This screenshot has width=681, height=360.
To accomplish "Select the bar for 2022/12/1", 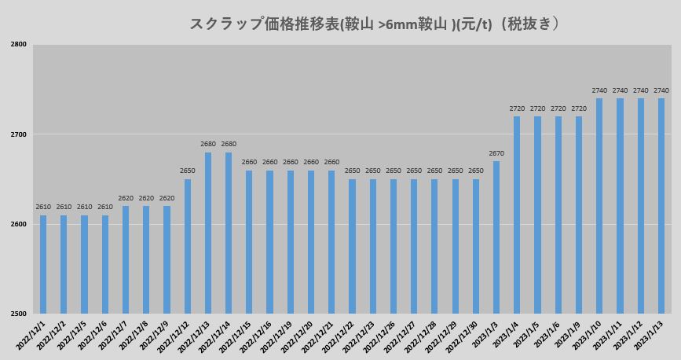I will (43, 264).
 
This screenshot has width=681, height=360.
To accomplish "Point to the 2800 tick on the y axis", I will (19, 45).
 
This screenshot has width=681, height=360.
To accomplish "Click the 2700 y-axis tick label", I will (19, 134).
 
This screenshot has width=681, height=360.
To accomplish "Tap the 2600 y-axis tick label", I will (19, 225).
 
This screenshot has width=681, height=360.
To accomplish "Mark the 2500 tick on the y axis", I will (19, 314).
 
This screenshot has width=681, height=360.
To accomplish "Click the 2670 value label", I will (496, 153).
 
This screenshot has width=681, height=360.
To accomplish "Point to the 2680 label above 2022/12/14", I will (229, 144).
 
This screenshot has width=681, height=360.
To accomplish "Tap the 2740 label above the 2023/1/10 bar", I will (599, 90).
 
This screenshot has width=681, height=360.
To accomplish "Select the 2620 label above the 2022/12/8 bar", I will (146, 198).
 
